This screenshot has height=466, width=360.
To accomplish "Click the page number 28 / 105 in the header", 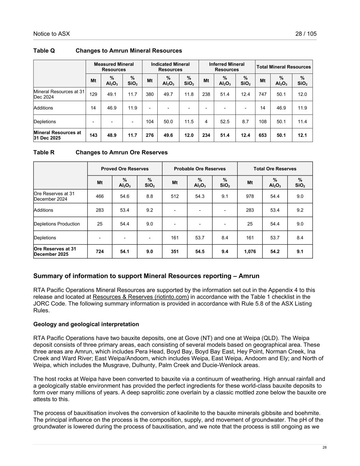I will pos(306,34).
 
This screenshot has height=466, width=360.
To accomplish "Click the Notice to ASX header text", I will pos(52,34).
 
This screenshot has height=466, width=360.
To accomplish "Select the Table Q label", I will pos(44,51).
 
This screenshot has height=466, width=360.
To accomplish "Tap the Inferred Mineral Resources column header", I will pos(227,67).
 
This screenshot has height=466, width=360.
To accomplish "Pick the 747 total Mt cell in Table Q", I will pos(262,94).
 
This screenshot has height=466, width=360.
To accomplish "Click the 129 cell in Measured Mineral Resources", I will pos(93,94).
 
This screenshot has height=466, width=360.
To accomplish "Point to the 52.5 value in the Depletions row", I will pos(225,122).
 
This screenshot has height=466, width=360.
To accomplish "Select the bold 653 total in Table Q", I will pos(262,135).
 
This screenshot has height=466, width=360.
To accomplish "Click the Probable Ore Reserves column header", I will pos(200,169).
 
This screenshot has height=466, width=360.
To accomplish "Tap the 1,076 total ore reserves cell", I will pos(250,251).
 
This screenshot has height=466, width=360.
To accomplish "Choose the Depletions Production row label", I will pos(57,224).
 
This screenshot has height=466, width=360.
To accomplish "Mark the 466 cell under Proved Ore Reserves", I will pos(100,196).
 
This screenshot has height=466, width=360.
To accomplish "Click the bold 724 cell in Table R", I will pos(100,251).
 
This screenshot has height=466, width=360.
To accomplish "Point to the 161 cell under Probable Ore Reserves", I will pos(175,238).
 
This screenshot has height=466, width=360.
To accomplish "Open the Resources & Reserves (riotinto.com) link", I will pos(141,297).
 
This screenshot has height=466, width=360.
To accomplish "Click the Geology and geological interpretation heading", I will pos(86,324).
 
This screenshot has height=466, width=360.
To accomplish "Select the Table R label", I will pos(44,152).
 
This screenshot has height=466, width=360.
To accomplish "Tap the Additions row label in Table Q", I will pos(43,108).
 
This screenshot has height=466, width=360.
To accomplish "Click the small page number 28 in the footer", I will pos(325,448).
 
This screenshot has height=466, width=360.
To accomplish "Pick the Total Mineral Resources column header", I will pos(284,67).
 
